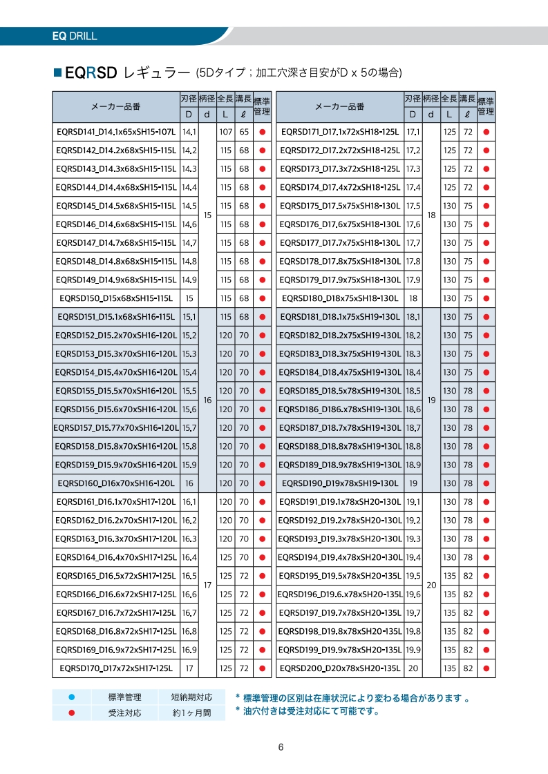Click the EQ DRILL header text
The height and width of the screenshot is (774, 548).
(x=75, y=36)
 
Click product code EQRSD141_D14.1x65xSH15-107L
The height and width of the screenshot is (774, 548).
(x=115, y=131)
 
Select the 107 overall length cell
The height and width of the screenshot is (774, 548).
(x=225, y=131)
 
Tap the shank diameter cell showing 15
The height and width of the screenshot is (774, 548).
(x=207, y=215)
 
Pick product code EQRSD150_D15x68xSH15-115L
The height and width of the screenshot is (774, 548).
(x=115, y=298)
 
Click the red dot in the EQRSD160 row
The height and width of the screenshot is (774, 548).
(x=262, y=483)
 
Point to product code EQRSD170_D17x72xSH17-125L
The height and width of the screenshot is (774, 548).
(x=115, y=668)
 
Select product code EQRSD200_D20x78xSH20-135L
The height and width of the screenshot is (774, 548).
(x=340, y=668)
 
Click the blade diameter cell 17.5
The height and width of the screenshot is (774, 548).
(x=413, y=206)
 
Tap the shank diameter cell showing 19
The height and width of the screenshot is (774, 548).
(x=431, y=400)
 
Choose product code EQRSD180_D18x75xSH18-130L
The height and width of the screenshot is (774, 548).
(x=340, y=298)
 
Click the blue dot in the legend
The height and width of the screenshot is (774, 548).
(x=71, y=697)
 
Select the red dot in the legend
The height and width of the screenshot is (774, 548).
(x=71, y=713)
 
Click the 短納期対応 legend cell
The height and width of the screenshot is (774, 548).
(x=191, y=697)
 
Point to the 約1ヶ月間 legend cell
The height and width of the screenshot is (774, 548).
(x=191, y=713)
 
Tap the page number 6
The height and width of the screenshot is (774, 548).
(x=281, y=747)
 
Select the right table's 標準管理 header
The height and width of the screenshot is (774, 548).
(x=486, y=106)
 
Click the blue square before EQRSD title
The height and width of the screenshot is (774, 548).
(x=57, y=72)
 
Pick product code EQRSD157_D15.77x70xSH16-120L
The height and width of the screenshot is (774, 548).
(x=115, y=428)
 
